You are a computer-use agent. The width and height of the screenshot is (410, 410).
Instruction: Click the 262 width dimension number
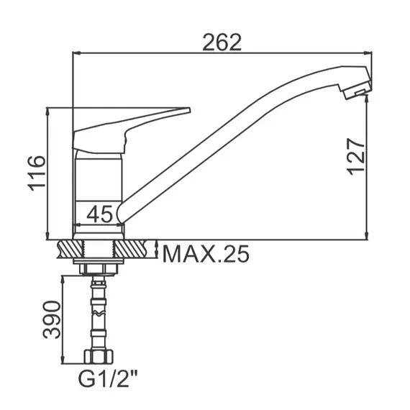pyautogui.click(x=221, y=41)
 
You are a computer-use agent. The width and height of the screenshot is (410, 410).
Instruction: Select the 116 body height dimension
pyautogui.click(x=36, y=173)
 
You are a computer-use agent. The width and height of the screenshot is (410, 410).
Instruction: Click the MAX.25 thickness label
pyautogui.click(x=205, y=253)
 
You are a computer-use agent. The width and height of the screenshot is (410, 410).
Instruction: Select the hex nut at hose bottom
pyautogui.click(x=99, y=357)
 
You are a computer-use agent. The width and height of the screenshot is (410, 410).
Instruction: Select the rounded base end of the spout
pyautogui.click(x=124, y=212)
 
